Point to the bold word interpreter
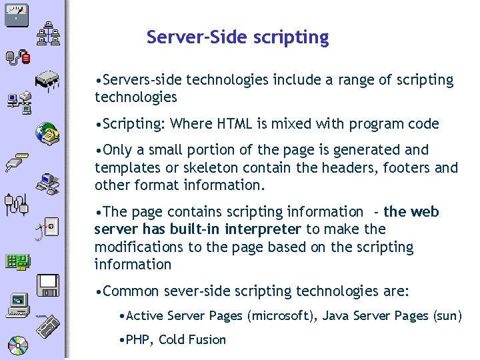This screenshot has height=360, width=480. [x=263, y=230]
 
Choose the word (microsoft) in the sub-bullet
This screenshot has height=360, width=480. [x=283, y=316]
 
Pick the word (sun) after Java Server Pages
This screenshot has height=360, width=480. [x=447, y=316]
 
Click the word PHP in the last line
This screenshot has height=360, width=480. [x=138, y=340]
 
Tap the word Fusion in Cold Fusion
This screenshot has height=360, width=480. [x=208, y=340]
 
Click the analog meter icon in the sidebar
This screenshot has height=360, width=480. [x=15, y=12]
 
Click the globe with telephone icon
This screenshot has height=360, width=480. [x=47, y=133]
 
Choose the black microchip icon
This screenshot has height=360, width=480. [x=48, y=81]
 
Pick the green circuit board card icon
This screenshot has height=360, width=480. [x=17, y=262]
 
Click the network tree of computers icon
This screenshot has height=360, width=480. [x=48, y=33]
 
